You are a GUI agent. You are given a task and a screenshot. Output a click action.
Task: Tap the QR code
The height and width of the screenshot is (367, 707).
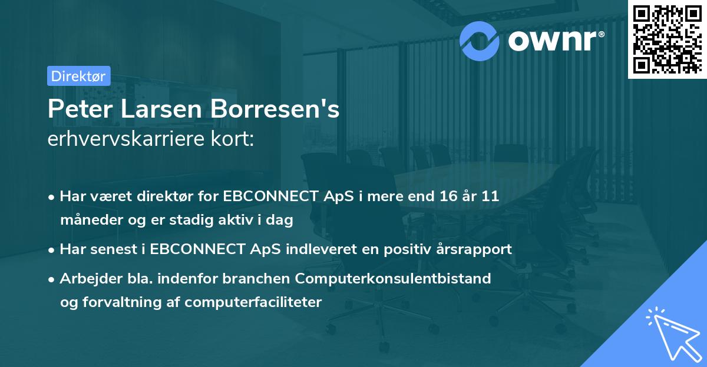pos(666,40)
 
